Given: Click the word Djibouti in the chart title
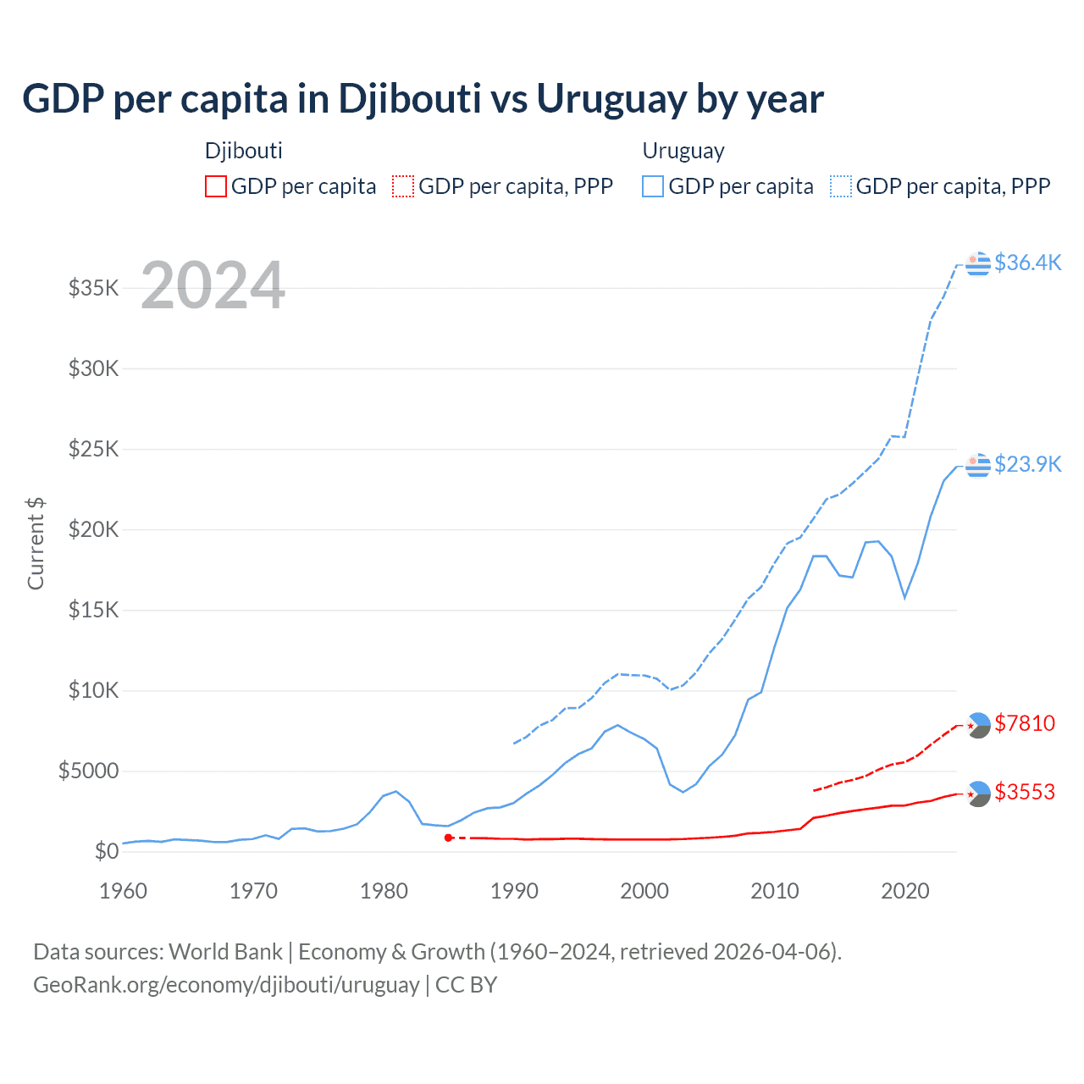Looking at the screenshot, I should click(410, 99).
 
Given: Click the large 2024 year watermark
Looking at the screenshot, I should click(213, 285).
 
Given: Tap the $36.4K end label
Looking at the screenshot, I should click(1027, 263).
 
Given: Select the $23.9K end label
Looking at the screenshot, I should click(1027, 464).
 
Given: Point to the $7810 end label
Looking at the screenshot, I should click(1025, 723).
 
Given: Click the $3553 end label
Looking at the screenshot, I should click(1025, 792).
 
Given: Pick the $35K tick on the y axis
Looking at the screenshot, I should click(94, 288).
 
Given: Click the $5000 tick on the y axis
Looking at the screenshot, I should click(89, 771).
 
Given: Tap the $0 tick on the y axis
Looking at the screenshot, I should click(106, 851).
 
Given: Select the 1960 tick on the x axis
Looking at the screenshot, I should click(124, 891).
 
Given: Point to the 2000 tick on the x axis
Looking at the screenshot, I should click(644, 891).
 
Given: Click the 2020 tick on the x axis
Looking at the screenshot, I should click(905, 891).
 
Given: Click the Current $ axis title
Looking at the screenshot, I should click(36, 544).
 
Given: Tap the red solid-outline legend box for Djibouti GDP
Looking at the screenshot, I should click(216, 186).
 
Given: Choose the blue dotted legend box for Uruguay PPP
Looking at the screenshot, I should click(841, 186).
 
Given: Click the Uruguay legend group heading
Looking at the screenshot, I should click(683, 151).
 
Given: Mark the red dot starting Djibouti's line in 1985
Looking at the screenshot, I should click(449, 838).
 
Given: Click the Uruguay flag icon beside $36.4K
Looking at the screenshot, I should click(978, 263).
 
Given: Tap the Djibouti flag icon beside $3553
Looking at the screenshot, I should click(978, 794).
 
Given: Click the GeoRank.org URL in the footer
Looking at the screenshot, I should click(226, 985).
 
